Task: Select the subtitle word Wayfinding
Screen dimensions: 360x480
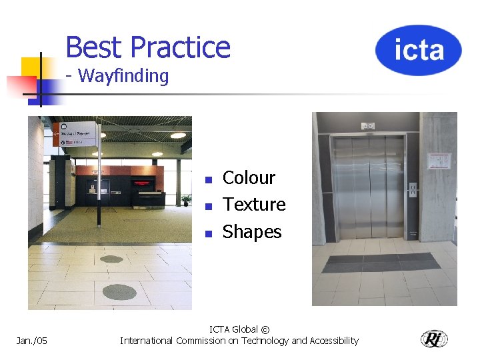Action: coord(123,76)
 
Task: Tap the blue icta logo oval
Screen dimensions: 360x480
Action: coord(418,50)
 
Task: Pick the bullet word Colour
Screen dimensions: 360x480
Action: coord(249,178)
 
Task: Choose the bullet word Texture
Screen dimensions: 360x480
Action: coord(254,205)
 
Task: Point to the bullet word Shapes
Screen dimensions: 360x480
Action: coord(252,232)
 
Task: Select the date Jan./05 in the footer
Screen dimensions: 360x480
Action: coord(31,341)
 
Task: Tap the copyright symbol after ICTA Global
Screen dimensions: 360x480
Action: coord(265,330)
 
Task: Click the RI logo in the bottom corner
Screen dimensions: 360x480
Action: coord(434,339)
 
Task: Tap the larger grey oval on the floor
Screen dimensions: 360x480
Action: coord(120,292)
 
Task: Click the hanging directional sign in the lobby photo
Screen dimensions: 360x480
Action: coord(78,133)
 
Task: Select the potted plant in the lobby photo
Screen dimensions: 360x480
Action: coord(186,199)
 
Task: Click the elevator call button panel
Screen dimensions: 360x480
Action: coord(413,190)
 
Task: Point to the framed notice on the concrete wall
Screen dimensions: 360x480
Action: coord(439,161)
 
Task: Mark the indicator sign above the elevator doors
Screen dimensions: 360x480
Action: coord(368,126)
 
